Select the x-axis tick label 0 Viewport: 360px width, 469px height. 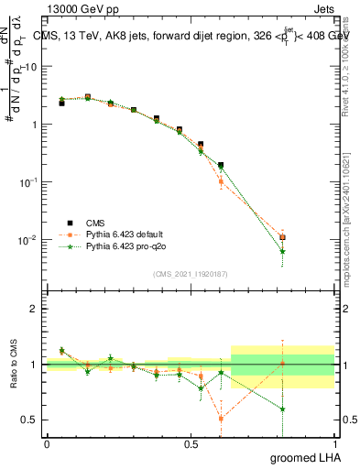point(47,443)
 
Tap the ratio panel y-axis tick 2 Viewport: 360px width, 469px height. point(34,309)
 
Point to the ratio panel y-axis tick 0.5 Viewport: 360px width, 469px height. point(30,420)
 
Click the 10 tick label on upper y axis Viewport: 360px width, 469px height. point(31,67)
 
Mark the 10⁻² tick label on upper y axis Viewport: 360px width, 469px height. point(29,240)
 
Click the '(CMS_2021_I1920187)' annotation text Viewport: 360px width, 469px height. point(190,272)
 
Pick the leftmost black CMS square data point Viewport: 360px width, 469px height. point(61,104)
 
